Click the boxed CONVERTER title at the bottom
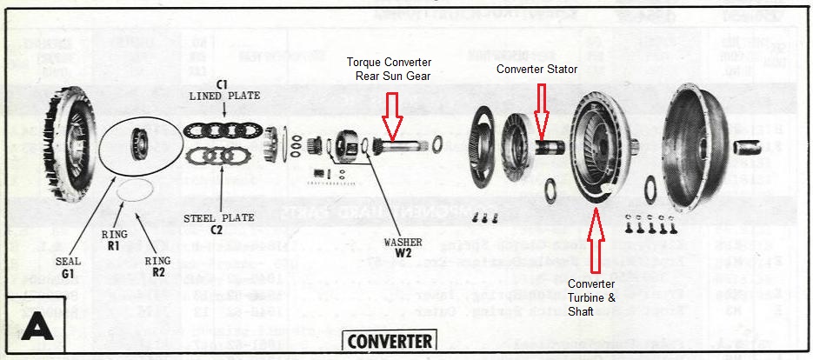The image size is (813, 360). pyautogui.click(x=390, y=340)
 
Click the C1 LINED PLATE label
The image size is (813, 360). pyautogui.click(x=223, y=90)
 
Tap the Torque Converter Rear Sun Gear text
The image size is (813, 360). pyautogui.click(x=388, y=69)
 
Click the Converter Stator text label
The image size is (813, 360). pyautogui.click(x=536, y=69)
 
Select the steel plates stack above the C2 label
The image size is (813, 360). pyautogui.click(x=218, y=157)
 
